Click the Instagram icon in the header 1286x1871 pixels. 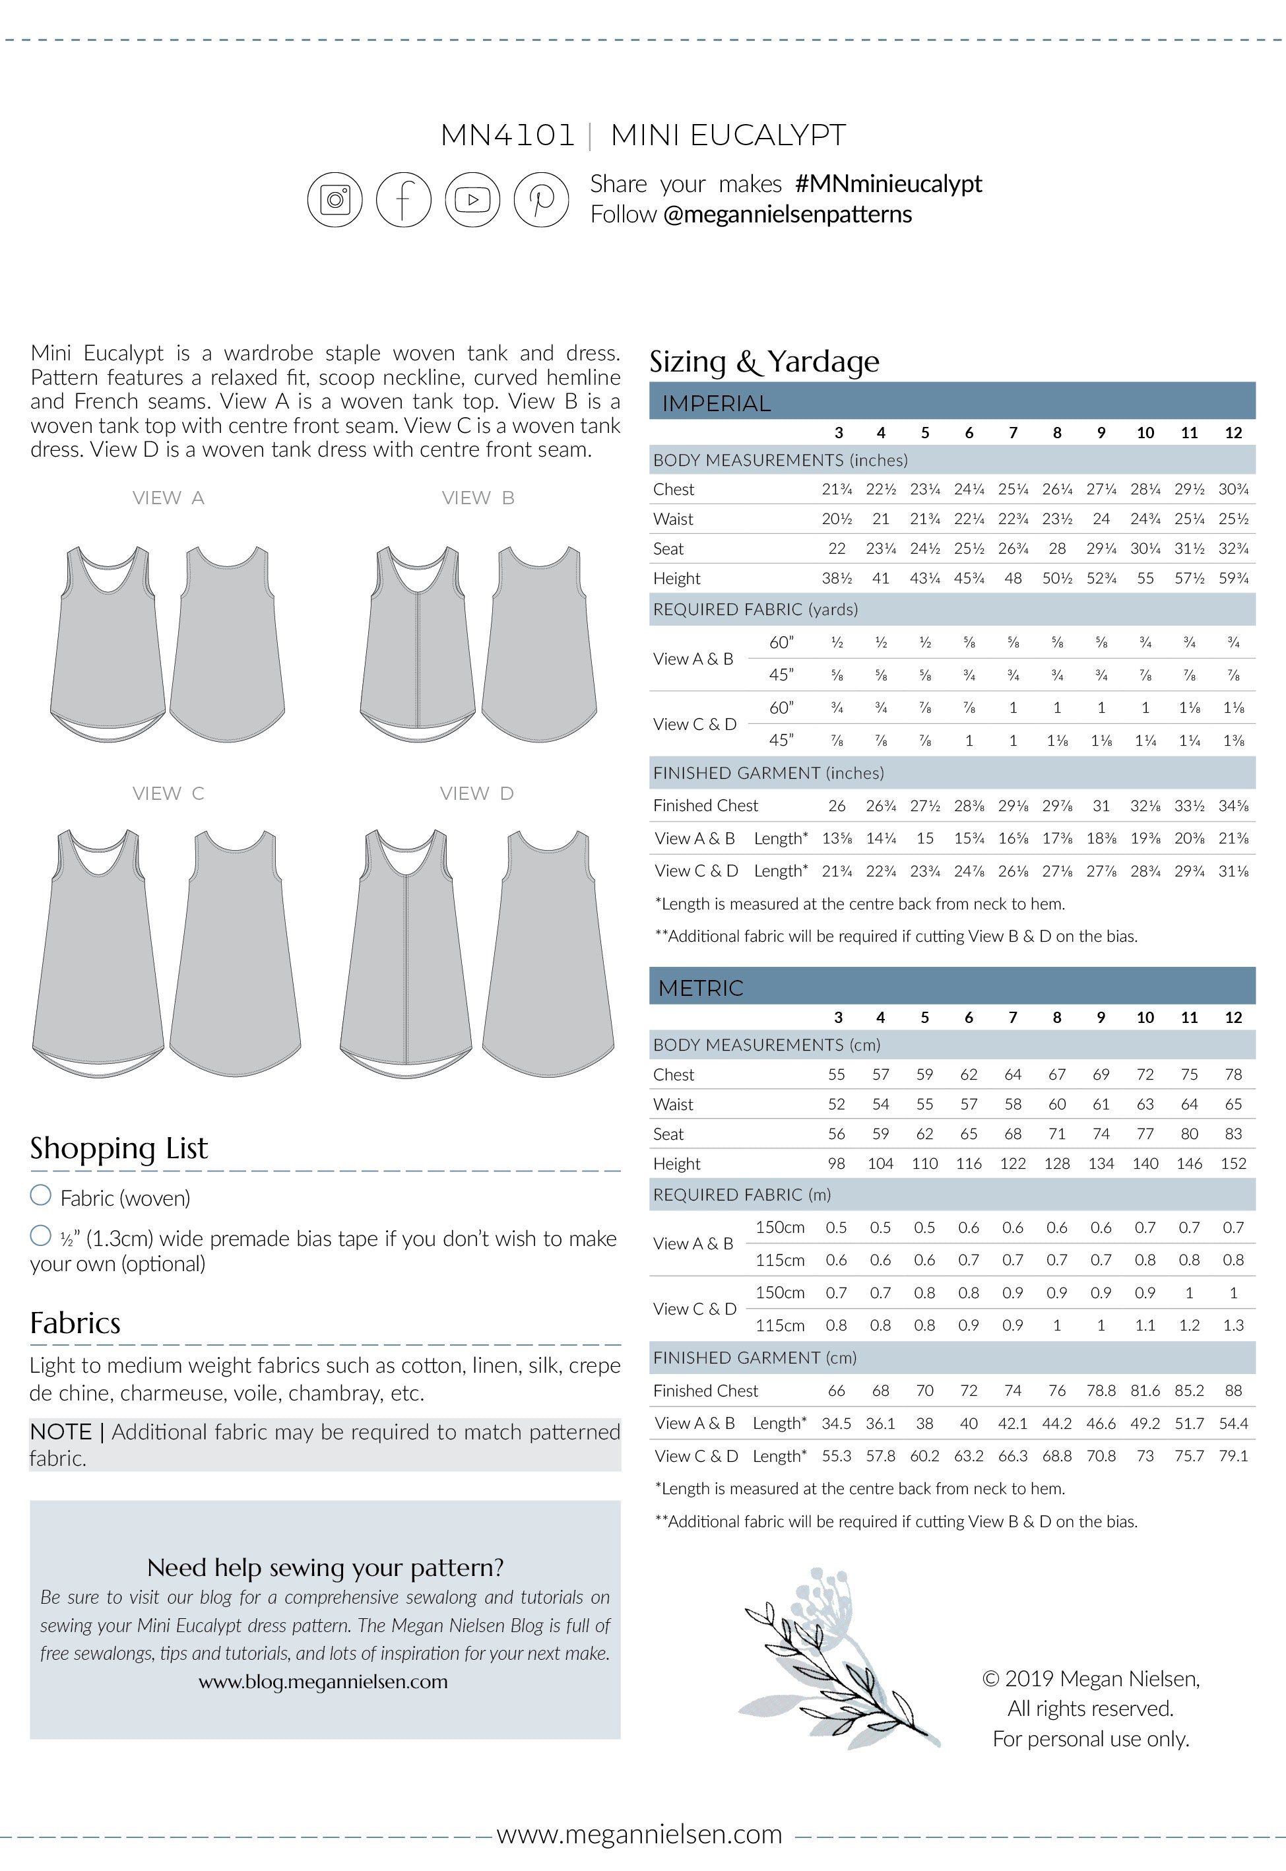click(x=335, y=199)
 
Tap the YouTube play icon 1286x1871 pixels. click(x=473, y=199)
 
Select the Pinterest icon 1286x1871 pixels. click(x=542, y=199)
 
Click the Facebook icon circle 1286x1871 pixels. click(x=404, y=199)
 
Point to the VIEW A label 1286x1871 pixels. click(x=168, y=498)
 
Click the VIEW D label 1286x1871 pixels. click(x=476, y=794)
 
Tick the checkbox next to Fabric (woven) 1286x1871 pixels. click(x=40, y=1195)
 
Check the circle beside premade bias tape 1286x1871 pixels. click(x=40, y=1235)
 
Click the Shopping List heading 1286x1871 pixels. click(x=119, y=1148)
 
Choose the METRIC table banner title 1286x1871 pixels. click(x=700, y=988)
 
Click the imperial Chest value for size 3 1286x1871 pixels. click(x=837, y=489)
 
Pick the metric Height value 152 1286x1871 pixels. click(x=1233, y=1164)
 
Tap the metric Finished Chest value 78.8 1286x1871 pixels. click(x=1101, y=1391)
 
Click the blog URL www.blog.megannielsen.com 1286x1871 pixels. click(x=323, y=1682)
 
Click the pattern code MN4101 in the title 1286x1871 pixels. click(x=507, y=135)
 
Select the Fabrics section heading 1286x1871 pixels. click(x=75, y=1323)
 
